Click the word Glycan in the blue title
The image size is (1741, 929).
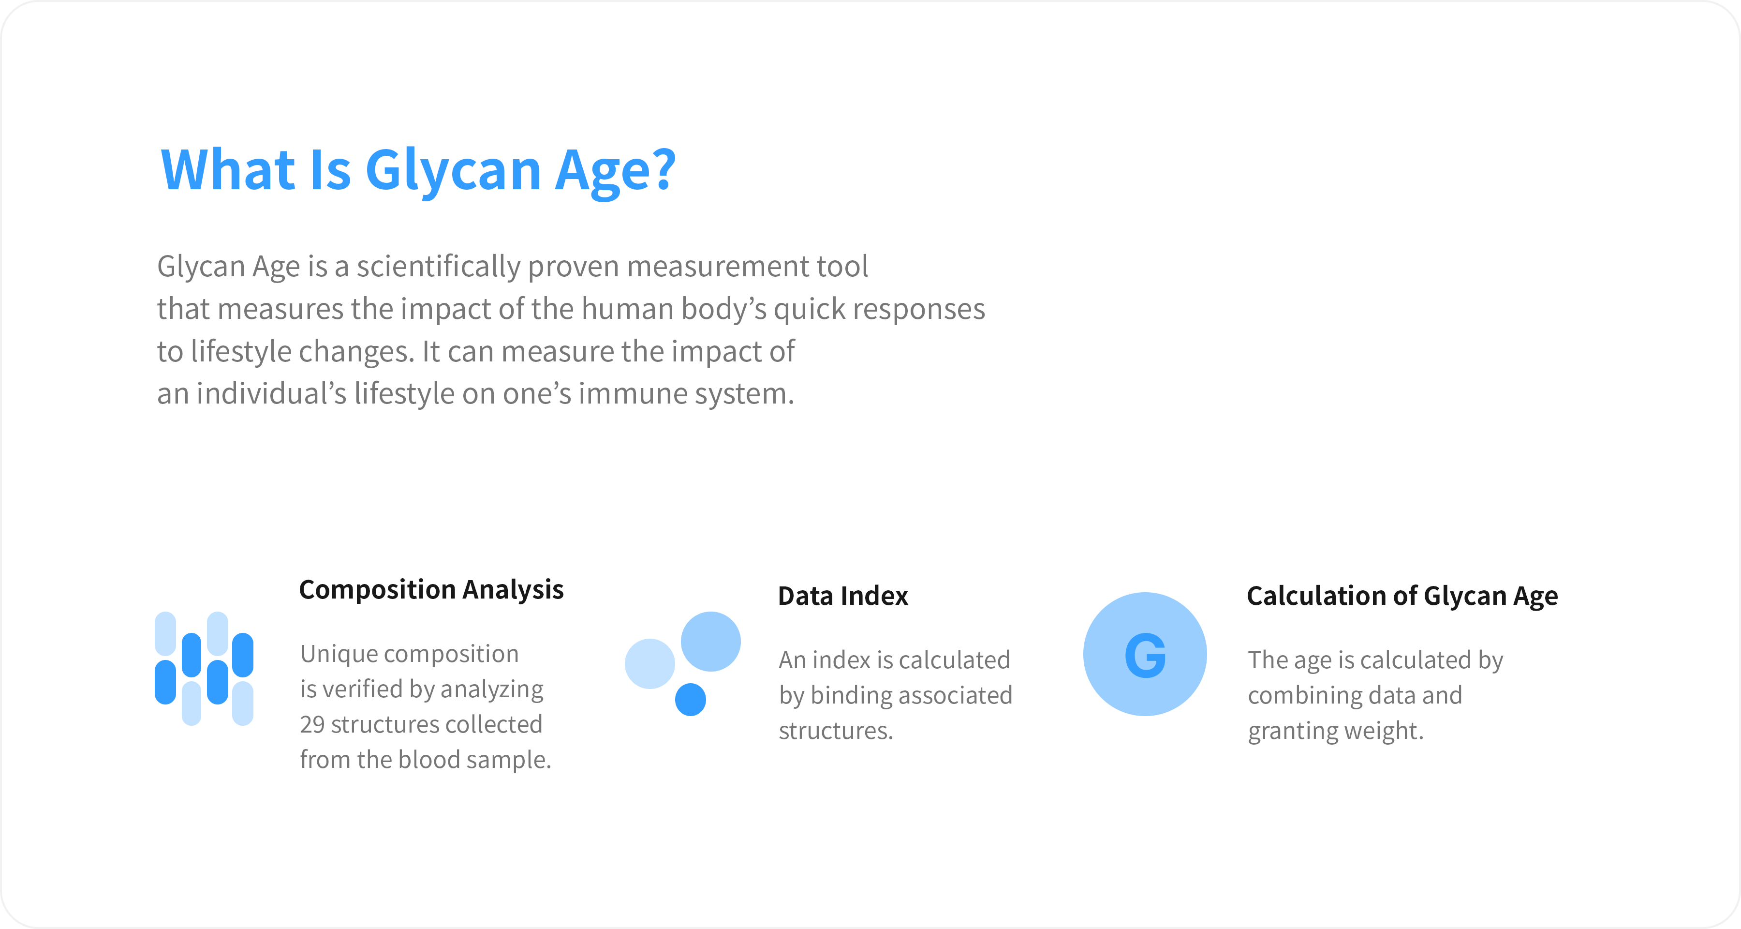[454, 173]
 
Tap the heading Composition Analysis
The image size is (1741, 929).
[431, 590]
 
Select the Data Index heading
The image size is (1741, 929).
[843, 596]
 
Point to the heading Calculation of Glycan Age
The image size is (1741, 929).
[1402, 596]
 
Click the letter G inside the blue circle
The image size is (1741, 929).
[1145, 655]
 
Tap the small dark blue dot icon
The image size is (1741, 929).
[690, 699]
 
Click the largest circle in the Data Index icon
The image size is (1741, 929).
[710, 641]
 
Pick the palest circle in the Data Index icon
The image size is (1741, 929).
[649, 663]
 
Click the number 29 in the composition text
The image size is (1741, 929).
[312, 724]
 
